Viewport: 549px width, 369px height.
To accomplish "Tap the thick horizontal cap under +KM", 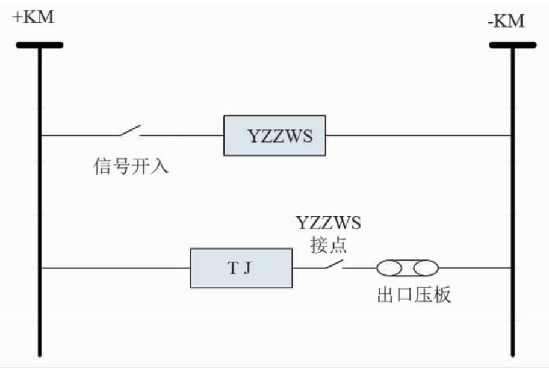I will (39, 45).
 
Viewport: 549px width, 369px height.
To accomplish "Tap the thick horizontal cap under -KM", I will (512, 45).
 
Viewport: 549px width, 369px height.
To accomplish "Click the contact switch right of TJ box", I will (330, 264).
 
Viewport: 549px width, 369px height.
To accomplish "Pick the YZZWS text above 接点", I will (328, 224).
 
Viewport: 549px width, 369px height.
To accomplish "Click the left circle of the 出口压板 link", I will (389, 268).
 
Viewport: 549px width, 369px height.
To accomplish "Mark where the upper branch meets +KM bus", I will (40, 135).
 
